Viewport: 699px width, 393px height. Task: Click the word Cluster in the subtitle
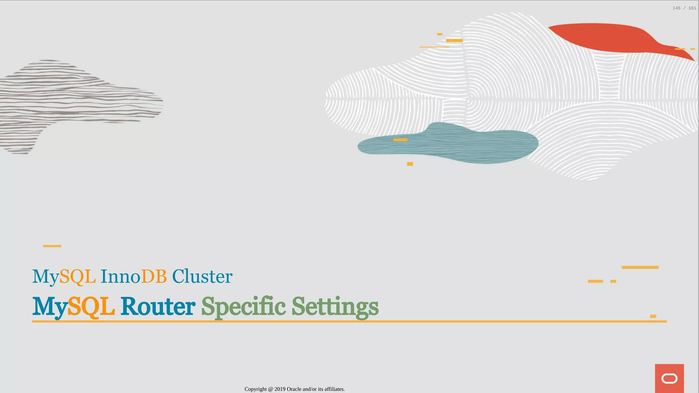coord(202,276)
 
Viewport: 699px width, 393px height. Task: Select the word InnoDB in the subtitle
coord(133,276)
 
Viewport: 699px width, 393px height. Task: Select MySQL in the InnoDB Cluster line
coord(64,276)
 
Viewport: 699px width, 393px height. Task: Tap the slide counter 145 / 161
coord(684,8)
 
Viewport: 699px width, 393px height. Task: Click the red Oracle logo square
coord(669,378)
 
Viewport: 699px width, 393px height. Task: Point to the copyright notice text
coord(295,389)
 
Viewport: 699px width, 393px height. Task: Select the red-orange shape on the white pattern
coord(608,38)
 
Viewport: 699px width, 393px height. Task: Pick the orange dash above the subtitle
coord(52,246)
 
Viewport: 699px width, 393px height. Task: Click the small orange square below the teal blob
coord(410,164)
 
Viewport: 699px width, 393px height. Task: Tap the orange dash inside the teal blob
coord(400,140)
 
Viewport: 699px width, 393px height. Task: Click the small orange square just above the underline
coord(653,316)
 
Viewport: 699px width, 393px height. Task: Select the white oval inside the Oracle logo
coord(669,379)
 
